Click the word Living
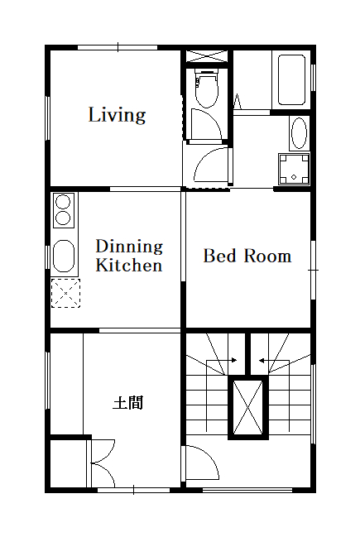tap(118, 115)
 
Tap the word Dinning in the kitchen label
tap(129, 247)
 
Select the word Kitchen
tap(128, 265)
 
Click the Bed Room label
tap(247, 256)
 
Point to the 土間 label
tap(127, 403)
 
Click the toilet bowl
tap(206, 89)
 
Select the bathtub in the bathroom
tap(291, 79)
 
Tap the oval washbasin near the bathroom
tap(299, 133)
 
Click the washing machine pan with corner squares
tap(294, 169)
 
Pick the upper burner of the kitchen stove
tap(63, 202)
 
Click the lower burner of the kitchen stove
tap(63, 218)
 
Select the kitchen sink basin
tap(64, 256)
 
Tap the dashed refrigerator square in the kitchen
tap(65, 293)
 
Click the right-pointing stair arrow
tap(222, 360)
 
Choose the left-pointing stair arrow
tap(274, 360)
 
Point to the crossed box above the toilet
tap(206, 56)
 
